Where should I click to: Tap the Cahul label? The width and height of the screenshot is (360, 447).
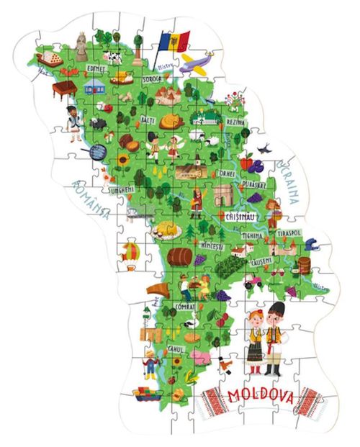click(173, 351)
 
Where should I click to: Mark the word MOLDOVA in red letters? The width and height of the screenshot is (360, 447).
click(261, 396)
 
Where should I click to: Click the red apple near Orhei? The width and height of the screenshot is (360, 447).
click(246, 162)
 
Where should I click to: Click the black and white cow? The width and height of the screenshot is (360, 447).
click(114, 55)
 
